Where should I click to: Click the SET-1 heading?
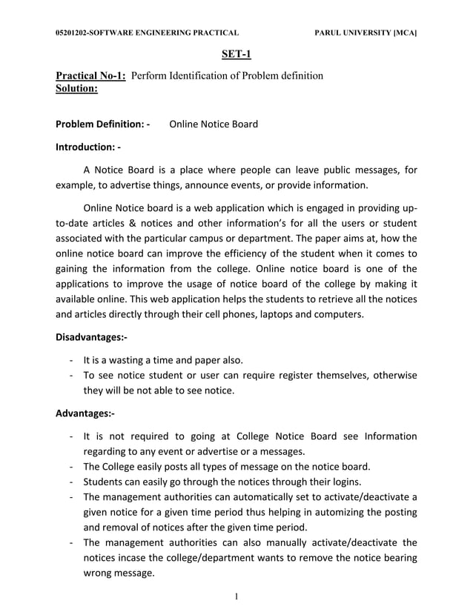236,54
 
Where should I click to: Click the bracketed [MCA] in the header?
405,33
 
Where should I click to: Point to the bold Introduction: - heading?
88,147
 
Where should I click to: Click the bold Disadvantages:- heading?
91,337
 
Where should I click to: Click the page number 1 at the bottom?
236,598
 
